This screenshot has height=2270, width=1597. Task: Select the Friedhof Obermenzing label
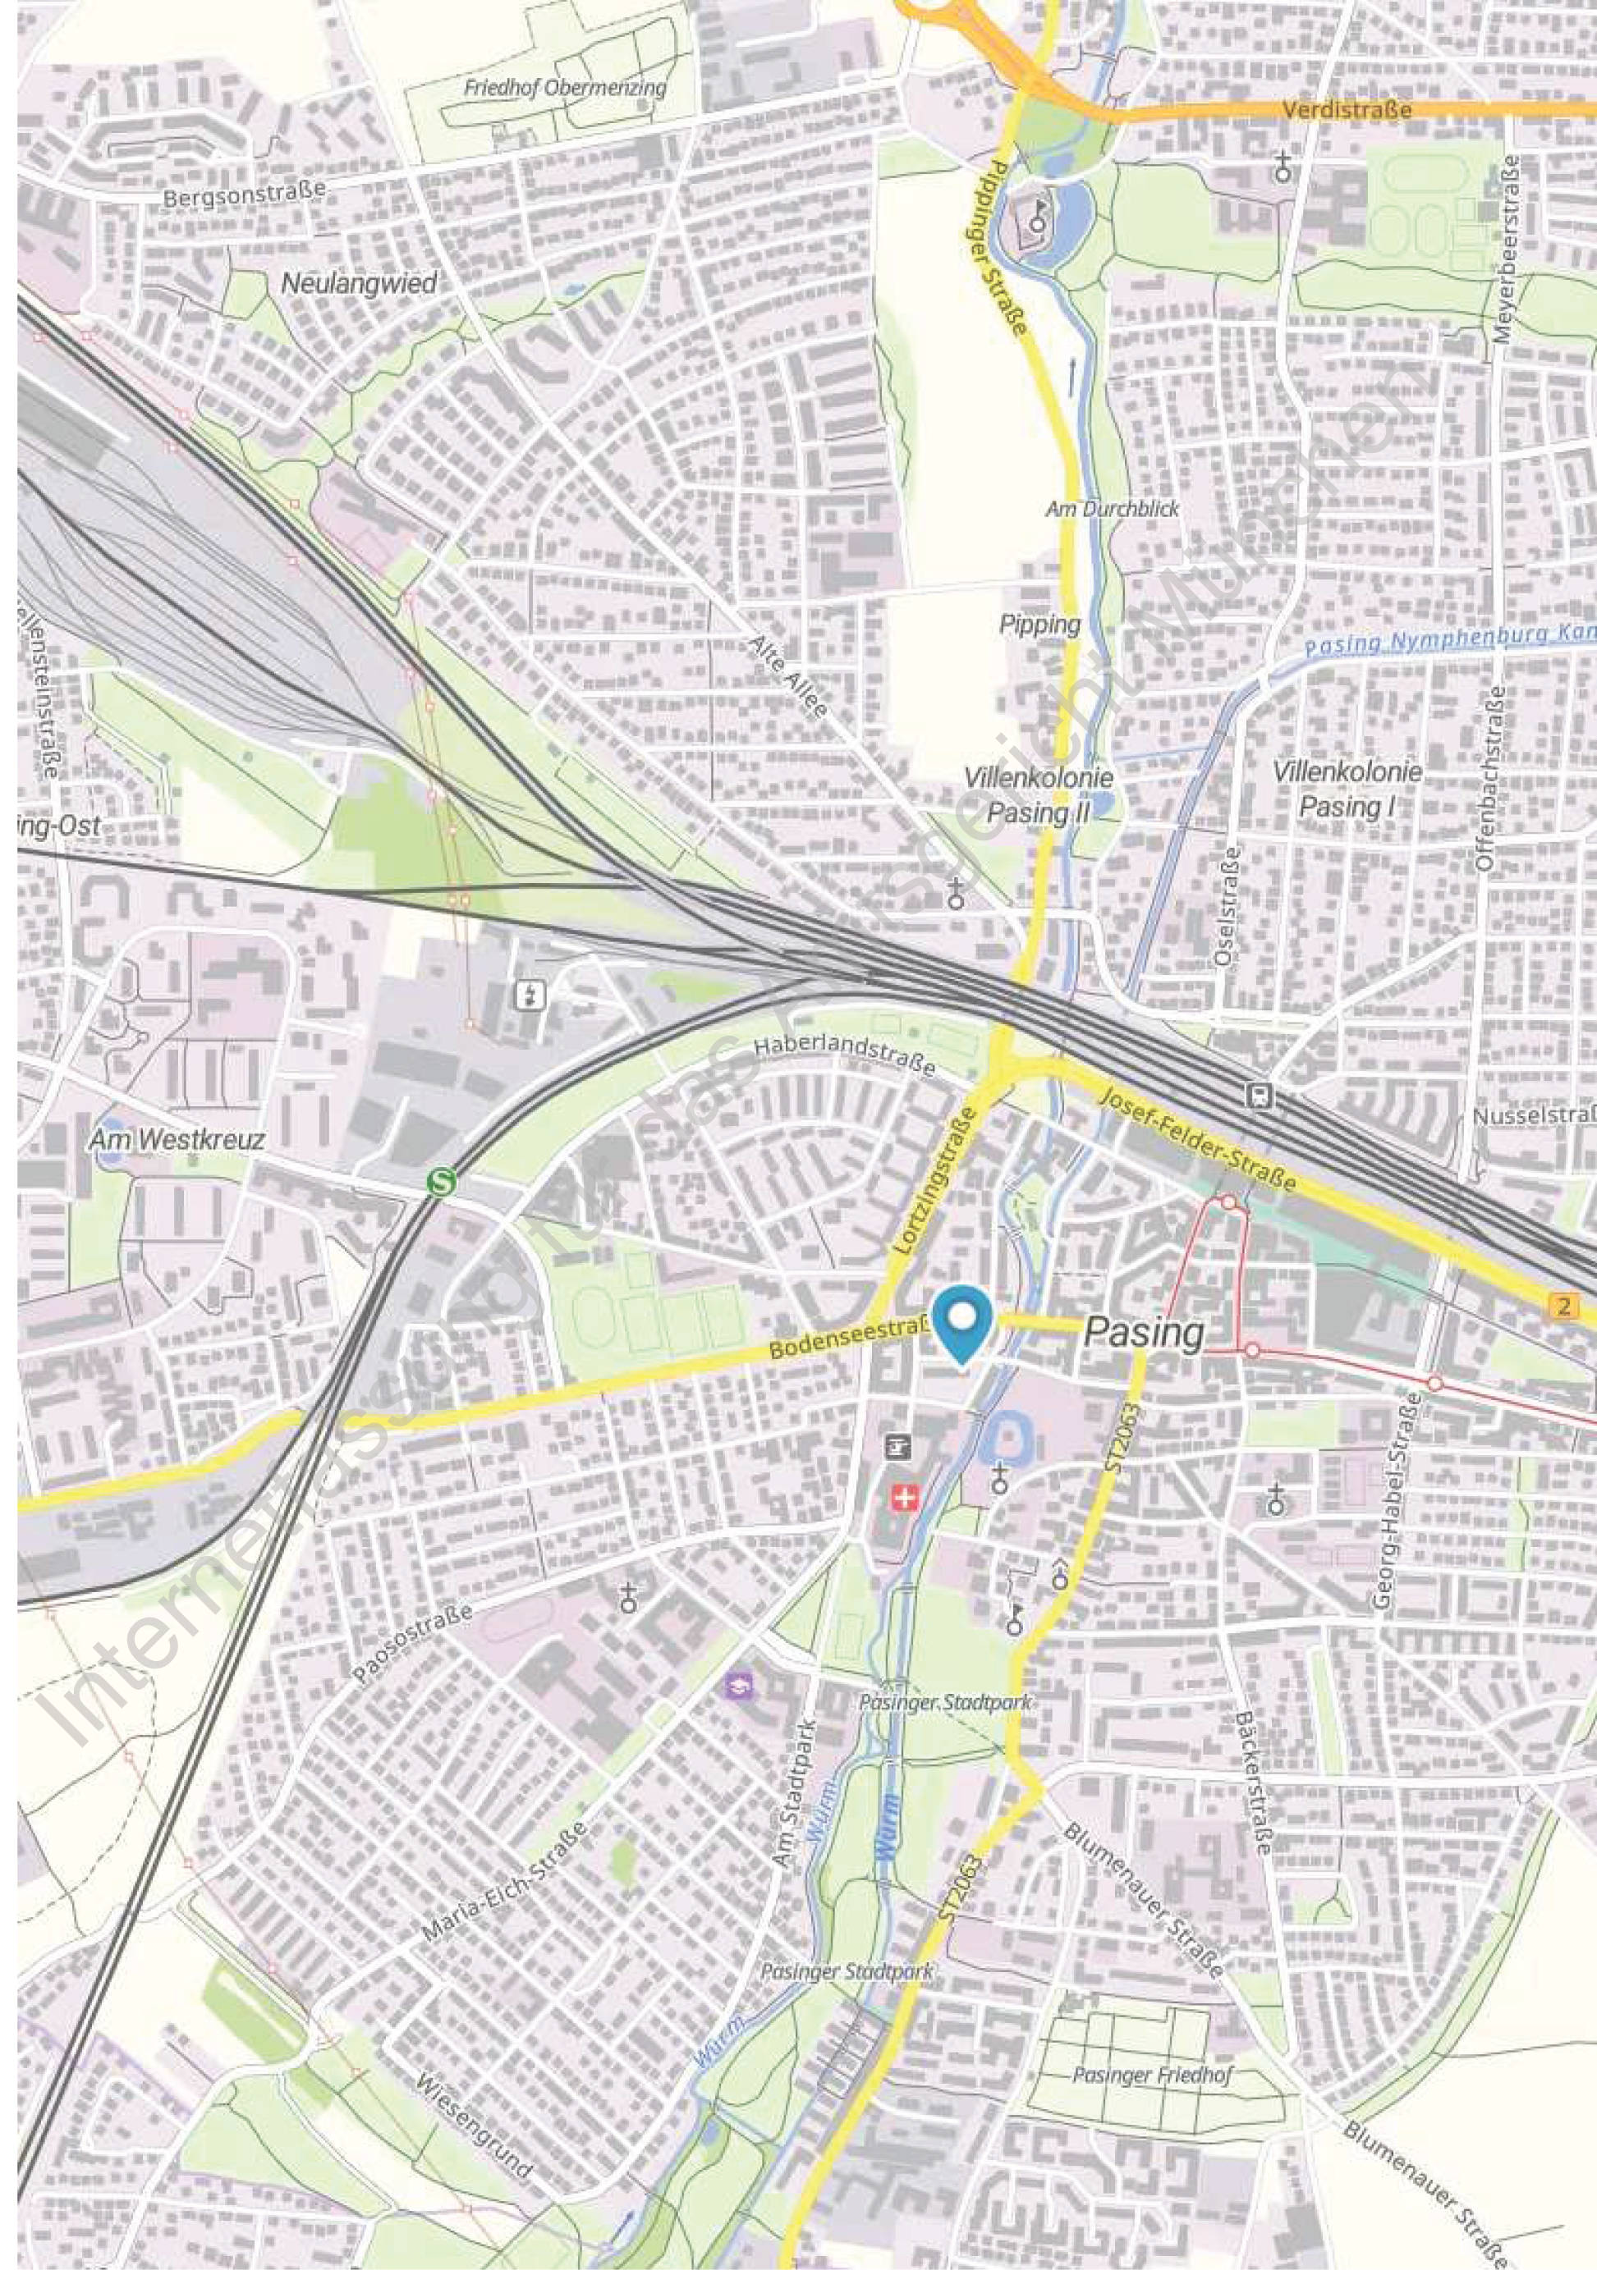point(565,88)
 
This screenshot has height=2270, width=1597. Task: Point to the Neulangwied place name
point(359,284)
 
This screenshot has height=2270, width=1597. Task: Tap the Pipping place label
point(1039,624)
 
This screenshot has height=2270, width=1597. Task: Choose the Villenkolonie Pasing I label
point(1347,788)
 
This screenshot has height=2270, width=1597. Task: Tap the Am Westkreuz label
point(177,1140)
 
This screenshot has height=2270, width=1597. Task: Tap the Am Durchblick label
point(1113,509)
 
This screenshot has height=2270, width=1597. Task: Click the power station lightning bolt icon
point(531,995)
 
